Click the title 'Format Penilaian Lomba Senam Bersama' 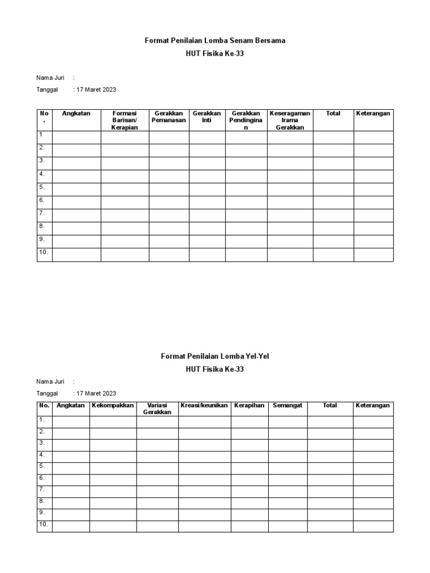tap(214, 41)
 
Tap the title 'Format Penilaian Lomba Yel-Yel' tap(214, 356)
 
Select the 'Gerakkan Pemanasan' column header tap(169, 117)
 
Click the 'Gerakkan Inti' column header tap(207, 117)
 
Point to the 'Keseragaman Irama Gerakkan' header tap(289, 120)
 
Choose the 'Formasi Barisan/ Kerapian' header tap(124, 120)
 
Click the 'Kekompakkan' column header tap(113, 406)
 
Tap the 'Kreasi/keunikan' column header tap(204, 406)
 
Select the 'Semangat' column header tap(287, 406)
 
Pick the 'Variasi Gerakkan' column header tap(157, 409)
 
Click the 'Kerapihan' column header tap(249, 406)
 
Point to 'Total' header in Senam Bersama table tap(333, 114)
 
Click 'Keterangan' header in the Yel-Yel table tap(372, 406)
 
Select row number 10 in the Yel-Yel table tap(44, 524)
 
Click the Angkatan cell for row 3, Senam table tap(76, 163)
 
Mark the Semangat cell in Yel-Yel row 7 tap(287, 491)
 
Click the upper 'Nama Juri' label tap(51, 78)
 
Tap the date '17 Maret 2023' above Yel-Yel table tap(96, 393)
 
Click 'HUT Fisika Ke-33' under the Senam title tap(214, 54)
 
